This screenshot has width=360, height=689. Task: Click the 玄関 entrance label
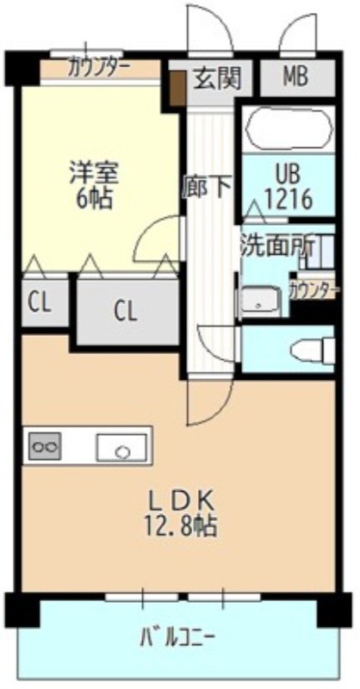click(218, 79)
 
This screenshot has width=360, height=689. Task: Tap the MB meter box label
click(295, 77)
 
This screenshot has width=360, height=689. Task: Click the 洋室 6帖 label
click(94, 185)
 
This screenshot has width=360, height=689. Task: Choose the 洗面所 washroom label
click(276, 248)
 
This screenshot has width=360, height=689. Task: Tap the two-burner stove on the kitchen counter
click(44, 446)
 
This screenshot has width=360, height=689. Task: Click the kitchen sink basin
click(121, 447)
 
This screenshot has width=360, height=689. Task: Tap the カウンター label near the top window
click(99, 68)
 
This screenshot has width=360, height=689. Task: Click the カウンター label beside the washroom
click(313, 291)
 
